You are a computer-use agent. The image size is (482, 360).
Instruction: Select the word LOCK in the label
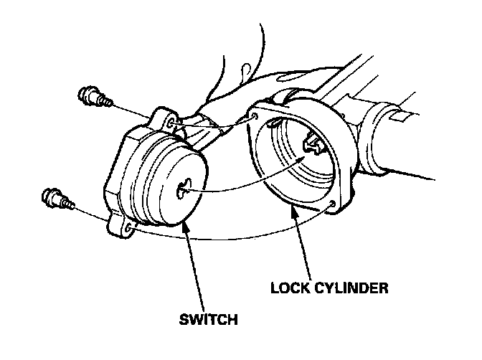click(289, 289)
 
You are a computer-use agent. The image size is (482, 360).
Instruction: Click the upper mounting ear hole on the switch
click(169, 125)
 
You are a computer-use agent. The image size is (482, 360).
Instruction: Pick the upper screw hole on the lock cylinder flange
click(253, 115)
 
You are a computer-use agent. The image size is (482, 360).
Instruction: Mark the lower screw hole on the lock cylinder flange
click(331, 207)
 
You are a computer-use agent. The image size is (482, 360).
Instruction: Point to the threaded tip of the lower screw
click(69, 204)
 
